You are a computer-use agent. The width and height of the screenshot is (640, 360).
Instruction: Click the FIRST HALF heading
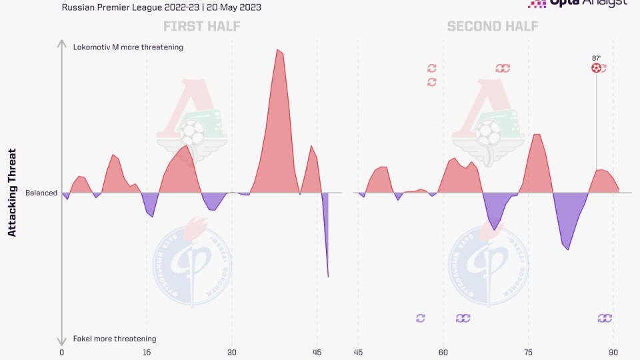[x=202, y=27]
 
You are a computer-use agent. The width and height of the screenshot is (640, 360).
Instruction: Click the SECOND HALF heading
[x=492, y=27]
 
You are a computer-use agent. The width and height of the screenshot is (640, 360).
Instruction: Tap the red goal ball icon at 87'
[x=596, y=68]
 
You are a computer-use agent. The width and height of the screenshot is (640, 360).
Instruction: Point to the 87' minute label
[x=596, y=58]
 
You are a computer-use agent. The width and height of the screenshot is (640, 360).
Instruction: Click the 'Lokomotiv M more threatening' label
[x=128, y=47]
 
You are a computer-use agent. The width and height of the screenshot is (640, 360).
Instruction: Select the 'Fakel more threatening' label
[x=114, y=339]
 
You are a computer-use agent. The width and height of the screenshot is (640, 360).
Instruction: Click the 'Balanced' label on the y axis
[x=41, y=193]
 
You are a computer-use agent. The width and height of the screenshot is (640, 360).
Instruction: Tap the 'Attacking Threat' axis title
[x=12, y=193]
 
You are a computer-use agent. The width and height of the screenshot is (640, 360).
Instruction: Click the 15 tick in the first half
[x=147, y=352]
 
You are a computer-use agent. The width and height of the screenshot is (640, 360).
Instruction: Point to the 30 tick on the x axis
[x=231, y=352]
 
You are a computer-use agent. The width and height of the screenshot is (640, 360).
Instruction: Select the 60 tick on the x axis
[x=443, y=352]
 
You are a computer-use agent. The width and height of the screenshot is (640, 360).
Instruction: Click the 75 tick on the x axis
[x=528, y=352]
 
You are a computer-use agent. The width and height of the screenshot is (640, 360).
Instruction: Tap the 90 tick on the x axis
[x=613, y=352]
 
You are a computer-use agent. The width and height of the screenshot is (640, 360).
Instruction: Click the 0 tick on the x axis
[x=61, y=352]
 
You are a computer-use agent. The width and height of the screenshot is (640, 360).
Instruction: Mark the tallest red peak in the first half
[x=278, y=51]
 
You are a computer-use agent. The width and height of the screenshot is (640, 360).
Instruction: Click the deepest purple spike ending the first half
[x=328, y=275]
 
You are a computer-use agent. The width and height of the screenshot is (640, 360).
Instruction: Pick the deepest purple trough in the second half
[x=567, y=249]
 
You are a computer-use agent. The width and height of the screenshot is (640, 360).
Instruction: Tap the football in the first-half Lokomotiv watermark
[x=192, y=132]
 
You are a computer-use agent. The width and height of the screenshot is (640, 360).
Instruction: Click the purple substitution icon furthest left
[x=420, y=318]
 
